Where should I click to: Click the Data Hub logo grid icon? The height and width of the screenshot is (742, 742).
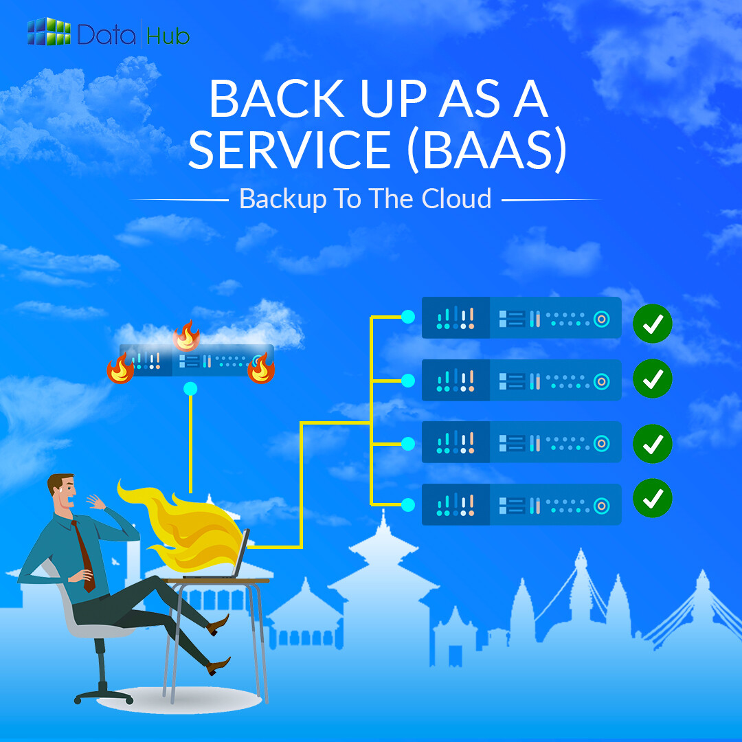(x=49, y=31)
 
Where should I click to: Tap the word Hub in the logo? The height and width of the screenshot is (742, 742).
(x=168, y=36)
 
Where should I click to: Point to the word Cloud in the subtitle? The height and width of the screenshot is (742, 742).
(x=456, y=199)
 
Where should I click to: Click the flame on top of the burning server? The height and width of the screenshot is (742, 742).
(x=186, y=335)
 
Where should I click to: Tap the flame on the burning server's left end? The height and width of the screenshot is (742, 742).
(x=120, y=368)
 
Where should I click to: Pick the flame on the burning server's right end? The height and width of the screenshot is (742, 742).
(x=261, y=368)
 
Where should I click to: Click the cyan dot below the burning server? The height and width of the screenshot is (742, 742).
(x=190, y=389)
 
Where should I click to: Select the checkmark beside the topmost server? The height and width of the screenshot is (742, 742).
(x=653, y=324)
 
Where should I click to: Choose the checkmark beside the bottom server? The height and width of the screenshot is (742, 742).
(x=653, y=498)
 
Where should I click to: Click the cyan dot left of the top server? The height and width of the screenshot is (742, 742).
(x=408, y=317)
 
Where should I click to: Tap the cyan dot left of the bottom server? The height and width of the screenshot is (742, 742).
(x=408, y=505)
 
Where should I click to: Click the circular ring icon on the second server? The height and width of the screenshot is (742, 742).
(x=601, y=381)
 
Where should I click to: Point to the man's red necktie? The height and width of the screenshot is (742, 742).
(x=84, y=556)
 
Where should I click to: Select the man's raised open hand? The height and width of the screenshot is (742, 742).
(x=97, y=502)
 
